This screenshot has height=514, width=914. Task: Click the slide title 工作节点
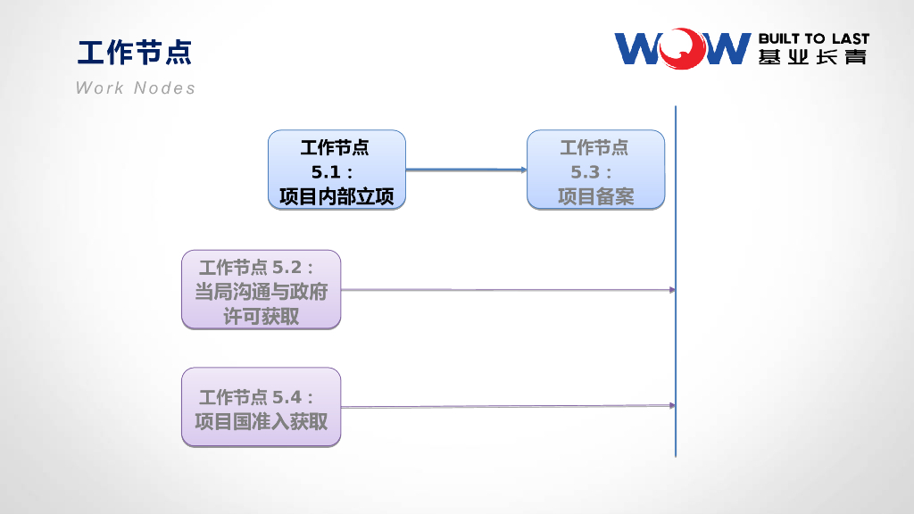[135, 53]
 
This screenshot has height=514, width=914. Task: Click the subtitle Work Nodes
[136, 87]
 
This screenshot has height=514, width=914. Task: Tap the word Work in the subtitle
[100, 87]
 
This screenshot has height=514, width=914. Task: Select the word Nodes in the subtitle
[164, 87]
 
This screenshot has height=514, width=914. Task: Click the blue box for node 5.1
[337, 170]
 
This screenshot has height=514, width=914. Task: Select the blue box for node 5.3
[595, 170]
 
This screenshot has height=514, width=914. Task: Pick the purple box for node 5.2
[261, 290]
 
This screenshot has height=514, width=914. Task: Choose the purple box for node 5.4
[261, 407]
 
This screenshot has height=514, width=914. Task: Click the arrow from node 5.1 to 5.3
[466, 170]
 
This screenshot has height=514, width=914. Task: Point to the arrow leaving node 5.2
[507, 290]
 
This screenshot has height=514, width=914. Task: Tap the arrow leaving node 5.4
[507, 407]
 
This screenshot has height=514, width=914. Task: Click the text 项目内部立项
[337, 196]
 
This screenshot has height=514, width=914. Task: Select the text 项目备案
[595, 196]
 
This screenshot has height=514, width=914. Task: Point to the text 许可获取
[261, 317]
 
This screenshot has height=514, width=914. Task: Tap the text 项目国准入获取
[261, 421]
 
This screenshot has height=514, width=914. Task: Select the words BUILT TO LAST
[813, 39]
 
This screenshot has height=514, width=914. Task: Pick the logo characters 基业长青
[813, 57]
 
